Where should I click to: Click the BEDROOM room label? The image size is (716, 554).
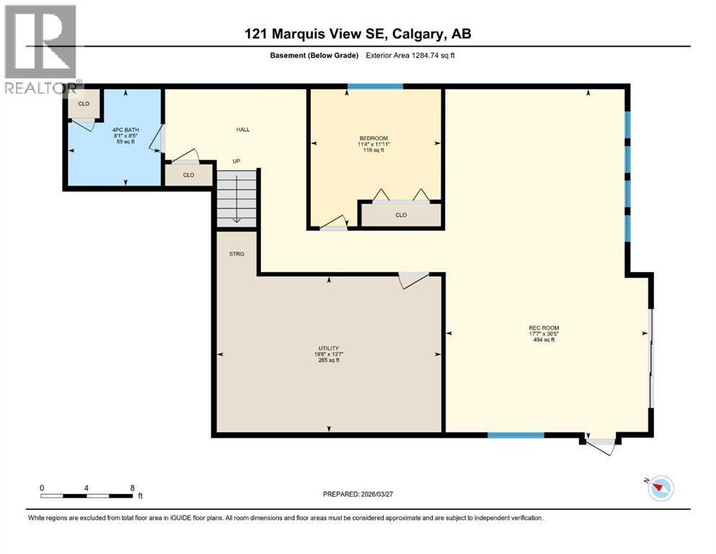tap(374, 138)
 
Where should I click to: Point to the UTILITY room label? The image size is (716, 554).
tap(329, 348)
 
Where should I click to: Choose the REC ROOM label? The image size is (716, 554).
tap(544, 328)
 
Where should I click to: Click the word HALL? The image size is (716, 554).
tap(243, 129)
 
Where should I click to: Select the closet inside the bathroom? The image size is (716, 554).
tap(84, 104)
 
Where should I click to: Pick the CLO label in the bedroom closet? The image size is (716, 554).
tap(401, 215)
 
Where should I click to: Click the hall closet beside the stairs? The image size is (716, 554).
tap(188, 175)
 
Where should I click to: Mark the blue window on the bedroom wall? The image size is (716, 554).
tap(375, 87)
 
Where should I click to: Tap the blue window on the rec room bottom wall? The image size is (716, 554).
tap(516, 435)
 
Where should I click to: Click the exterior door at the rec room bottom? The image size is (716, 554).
tap(600, 443)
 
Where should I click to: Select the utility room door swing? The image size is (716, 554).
tap(414, 280)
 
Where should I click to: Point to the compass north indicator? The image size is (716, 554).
tap(659, 488)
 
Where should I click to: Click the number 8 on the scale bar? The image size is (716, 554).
tap(133, 488)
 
